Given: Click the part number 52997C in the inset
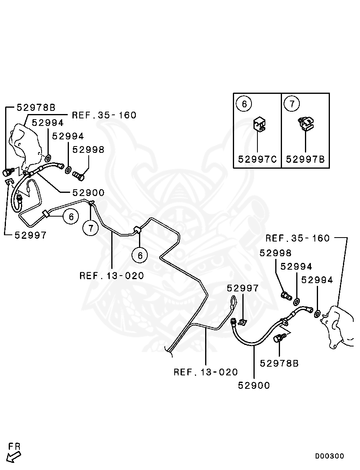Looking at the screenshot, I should pos(257,159).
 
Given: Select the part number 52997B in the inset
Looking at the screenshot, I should pos(305,159).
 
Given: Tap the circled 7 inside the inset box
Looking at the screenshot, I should pos(292,104).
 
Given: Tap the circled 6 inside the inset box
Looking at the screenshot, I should pos(244,104).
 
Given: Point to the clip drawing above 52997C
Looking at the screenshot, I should pos(259,124).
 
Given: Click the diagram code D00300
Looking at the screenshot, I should pos(330,456).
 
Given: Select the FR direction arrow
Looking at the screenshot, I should pos(14,453).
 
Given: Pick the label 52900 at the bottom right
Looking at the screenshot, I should pos(254,385).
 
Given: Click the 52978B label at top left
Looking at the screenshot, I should pos(36,107).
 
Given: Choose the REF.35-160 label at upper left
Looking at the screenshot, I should pos(104,115).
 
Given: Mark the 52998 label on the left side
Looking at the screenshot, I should pos(88,150).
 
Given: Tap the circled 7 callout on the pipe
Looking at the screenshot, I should pos(90,228).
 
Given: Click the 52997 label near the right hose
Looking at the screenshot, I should pos(243,288).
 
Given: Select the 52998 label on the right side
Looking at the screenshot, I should pos(275,253).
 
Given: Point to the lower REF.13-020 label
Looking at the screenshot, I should pos(206,372).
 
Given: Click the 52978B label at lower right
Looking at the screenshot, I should pos(279,363).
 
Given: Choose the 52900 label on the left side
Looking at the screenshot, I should pos(88,193).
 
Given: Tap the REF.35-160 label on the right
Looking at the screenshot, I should pos(297,238).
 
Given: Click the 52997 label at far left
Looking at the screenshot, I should pos(30,235).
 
